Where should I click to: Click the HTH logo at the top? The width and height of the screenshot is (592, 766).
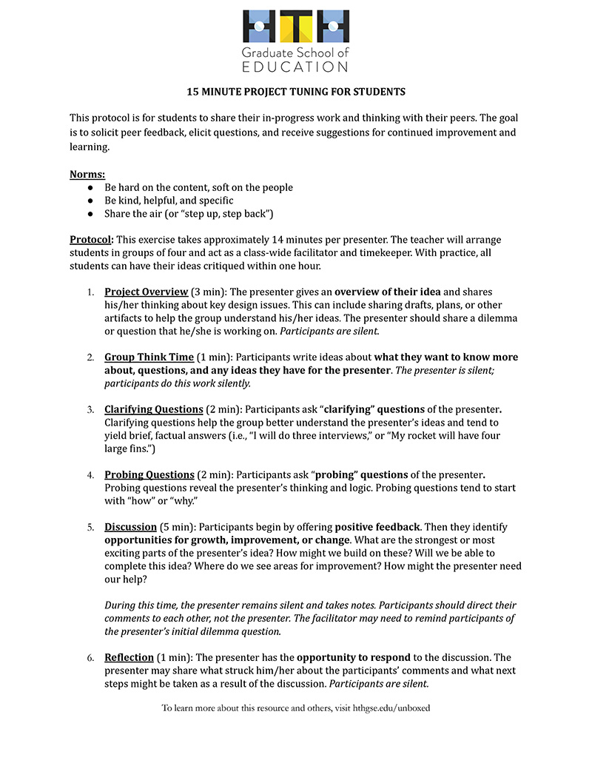point(296,27)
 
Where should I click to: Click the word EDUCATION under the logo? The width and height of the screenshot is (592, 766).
point(296,67)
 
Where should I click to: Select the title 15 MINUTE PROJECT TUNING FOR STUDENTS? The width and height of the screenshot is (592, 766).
point(296,93)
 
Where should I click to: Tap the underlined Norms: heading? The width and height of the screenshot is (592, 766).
point(87,175)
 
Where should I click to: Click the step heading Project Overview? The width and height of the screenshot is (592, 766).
point(146,292)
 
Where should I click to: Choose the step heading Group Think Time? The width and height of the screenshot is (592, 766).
point(149,357)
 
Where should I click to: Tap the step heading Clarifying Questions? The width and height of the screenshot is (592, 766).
point(153,409)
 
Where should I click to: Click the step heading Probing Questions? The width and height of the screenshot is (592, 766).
point(149,474)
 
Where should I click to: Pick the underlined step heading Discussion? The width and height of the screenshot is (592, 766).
point(130,527)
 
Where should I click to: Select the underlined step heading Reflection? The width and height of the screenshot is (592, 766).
point(129,657)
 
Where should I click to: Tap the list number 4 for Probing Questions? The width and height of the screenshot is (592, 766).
point(90,475)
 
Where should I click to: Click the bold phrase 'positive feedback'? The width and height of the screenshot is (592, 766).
point(377,527)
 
